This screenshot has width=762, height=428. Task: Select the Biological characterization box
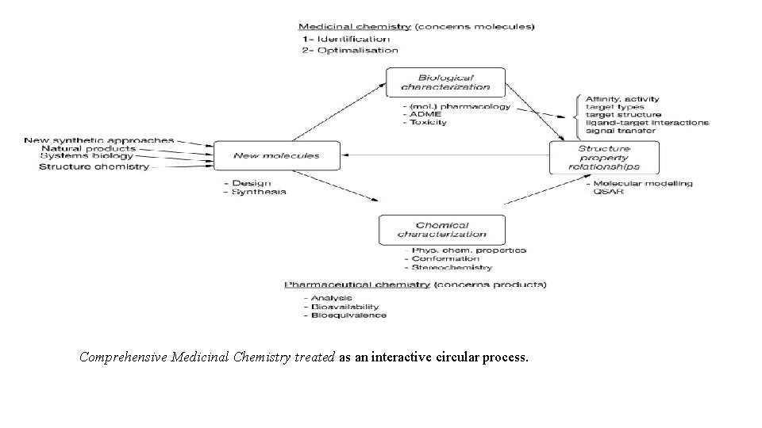pyautogui.click(x=445, y=82)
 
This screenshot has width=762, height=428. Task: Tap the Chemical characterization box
pyautogui.click(x=442, y=230)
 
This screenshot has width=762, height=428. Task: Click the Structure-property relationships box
pyautogui.click(x=604, y=158)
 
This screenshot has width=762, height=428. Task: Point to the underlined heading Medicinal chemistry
pyautogui.click(x=356, y=26)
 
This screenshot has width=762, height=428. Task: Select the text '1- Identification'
pyautogui.click(x=345, y=38)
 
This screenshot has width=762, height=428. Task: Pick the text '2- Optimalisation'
pyautogui.click(x=349, y=50)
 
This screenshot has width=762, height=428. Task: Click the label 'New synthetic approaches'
pyautogui.click(x=98, y=140)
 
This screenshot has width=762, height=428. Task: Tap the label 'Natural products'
pyautogui.click(x=88, y=148)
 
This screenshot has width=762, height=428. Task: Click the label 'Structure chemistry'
pyautogui.click(x=94, y=166)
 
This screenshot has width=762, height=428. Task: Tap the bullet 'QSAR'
pyautogui.click(x=613, y=191)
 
